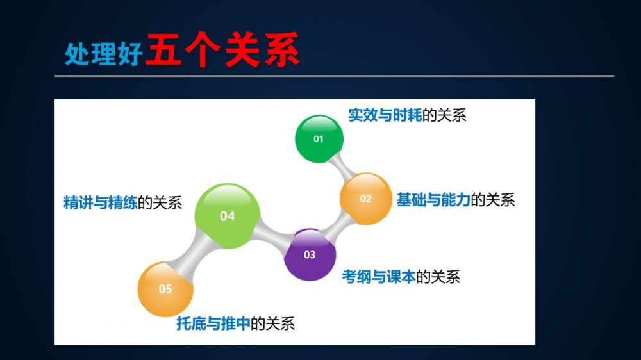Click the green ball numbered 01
coord(319,139)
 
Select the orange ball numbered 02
coord(365,199)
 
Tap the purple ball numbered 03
coord(310,254)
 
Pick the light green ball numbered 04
coord(227,216)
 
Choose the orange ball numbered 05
coord(165,289)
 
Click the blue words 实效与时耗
coord(385,115)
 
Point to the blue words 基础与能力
coord(433,200)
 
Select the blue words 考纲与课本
coord(379,277)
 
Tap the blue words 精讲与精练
coord(101,202)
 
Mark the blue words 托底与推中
coord(213,323)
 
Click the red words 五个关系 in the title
coord(222,50)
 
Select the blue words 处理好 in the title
coord(104,53)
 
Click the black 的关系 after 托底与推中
coord(272,323)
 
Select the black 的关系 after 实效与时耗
coord(444,115)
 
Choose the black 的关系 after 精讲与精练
coord(160,202)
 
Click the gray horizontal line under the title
coord(335,76)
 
